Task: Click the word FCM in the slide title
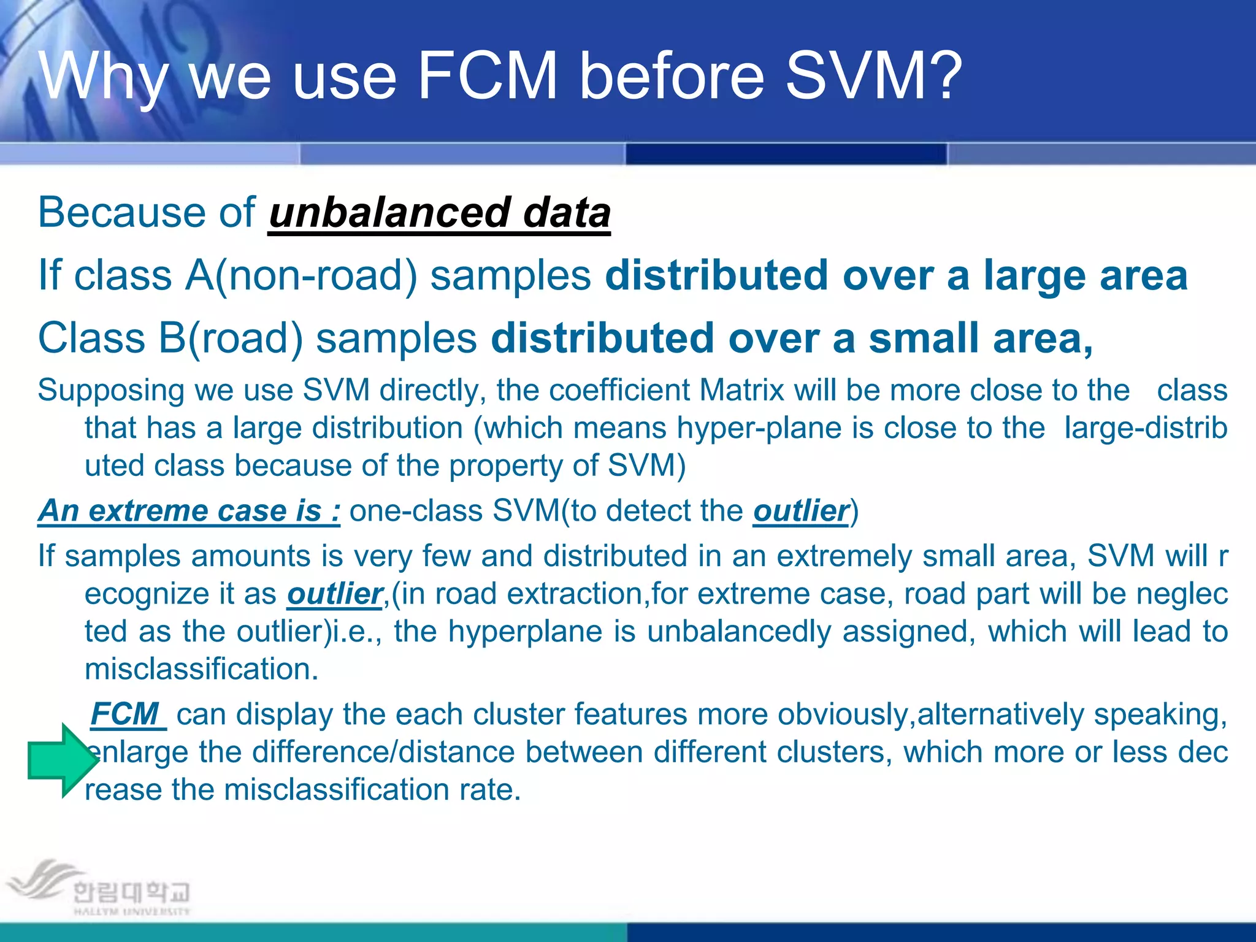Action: pyautogui.click(x=488, y=75)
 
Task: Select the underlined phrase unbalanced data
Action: pyautogui.click(x=439, y=213)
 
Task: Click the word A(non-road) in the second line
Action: pyautogui.click(x=301, y=275)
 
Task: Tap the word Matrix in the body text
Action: pyautogui.click(x=741, y=391)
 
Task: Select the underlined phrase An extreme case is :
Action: pyautogui.click(x=189, y=511)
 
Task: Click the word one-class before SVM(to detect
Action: pyautogui.click(x=415, y=511)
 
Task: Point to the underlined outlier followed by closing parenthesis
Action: pyautogui.click(x=800, y=511)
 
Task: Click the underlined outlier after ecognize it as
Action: pyautogui.click(x=334, y=594)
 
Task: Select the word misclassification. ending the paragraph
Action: pyautogui.click(x=201, y=669)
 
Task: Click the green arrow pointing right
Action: pyautogui.click(x=61, y=760)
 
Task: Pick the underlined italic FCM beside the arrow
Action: pyautogui.click(x=125, y=714)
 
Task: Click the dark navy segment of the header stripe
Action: pyautogui.click(x=786, y=154)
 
